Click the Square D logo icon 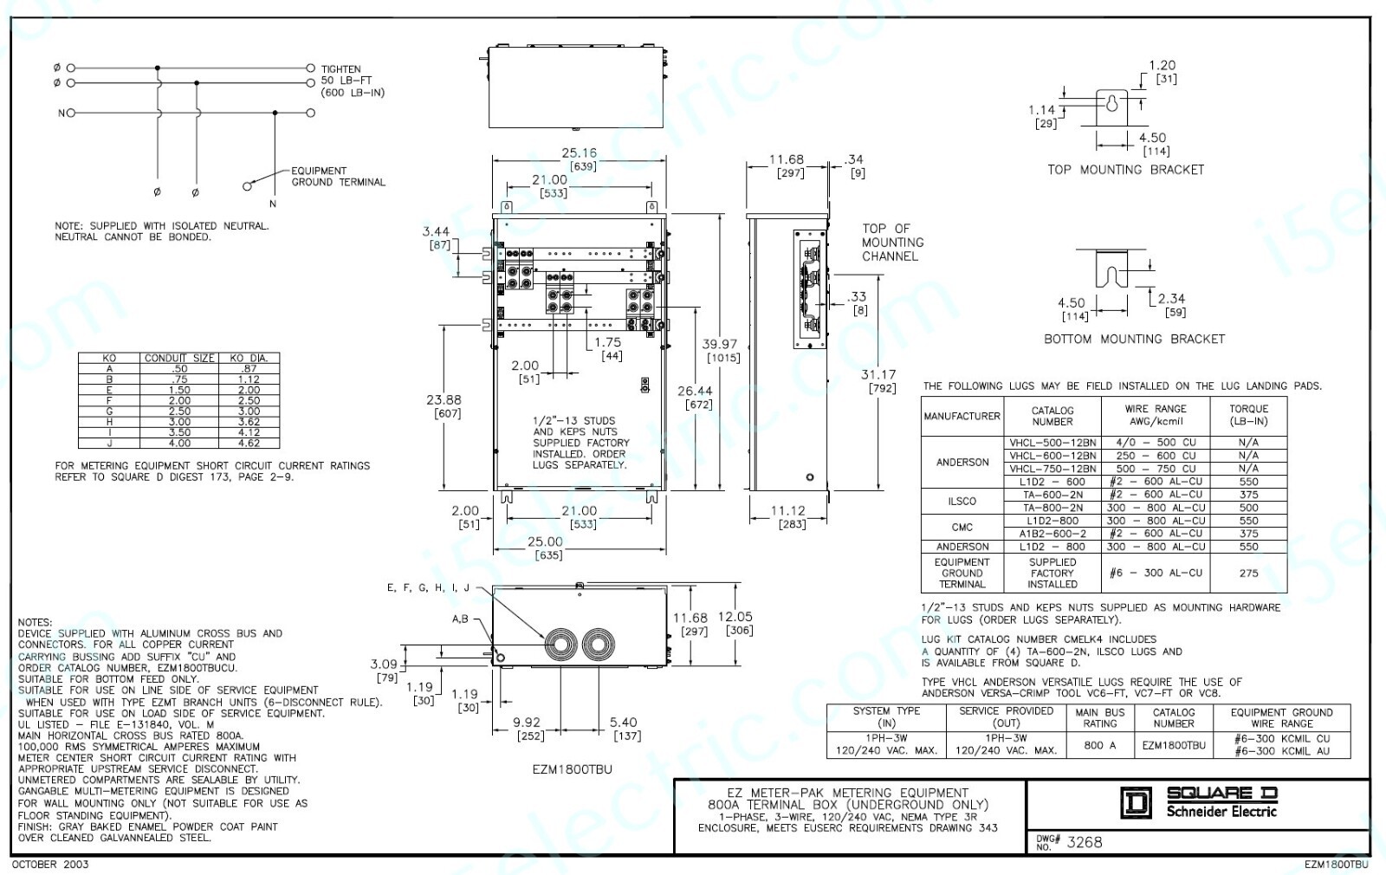(x=1136, y=803)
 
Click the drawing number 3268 (x=1084, y=842)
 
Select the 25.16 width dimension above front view (x=579, y=153)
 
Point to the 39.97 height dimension (x=719, y=344)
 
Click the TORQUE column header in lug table (x=1248, y=415)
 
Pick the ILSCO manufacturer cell (x=962, y=501)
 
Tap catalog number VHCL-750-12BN (x=1052, y=469)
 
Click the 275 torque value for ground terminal (x=1248, y=573)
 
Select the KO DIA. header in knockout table (x=249, y=358)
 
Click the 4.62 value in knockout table (x=249, y=443)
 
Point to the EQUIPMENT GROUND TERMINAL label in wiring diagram (x=338, y=177)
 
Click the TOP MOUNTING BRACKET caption (x=1125, y=170)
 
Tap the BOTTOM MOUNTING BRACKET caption (x=1134, y=339)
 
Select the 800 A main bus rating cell (x=1100, y=745)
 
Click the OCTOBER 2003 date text (x=50, y=864)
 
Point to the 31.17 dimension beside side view (x=878, y=375)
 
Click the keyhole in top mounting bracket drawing (x=1112, y=104)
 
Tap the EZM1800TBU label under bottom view (x=572, y=769)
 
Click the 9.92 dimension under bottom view (x=526, y=723)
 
